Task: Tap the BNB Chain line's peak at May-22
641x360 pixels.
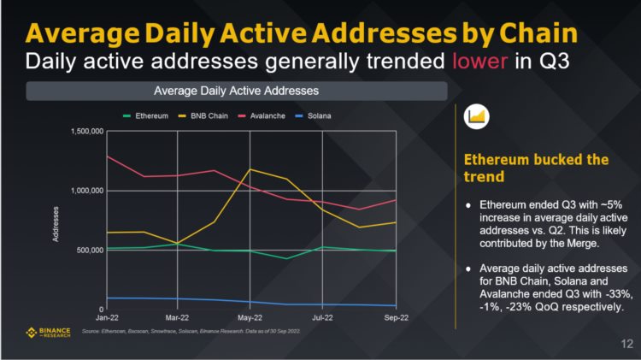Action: coord(250,169)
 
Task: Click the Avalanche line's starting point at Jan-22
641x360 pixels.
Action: coord(106,156)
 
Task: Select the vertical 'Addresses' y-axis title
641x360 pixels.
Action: coord(57,223)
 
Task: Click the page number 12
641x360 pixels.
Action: coord(625,344)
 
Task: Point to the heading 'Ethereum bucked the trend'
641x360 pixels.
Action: coord(535,168)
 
